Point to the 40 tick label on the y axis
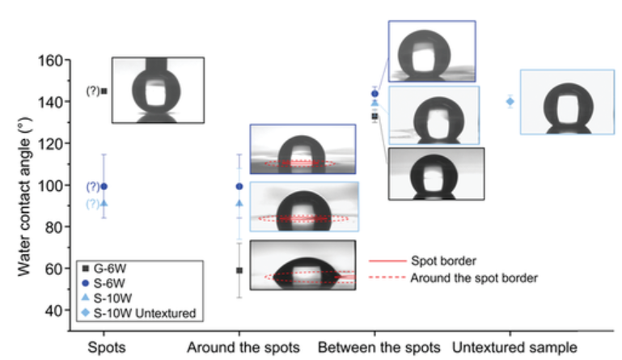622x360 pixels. click(53, 310)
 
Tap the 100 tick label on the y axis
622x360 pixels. click(50, 185)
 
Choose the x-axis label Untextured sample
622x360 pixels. click(514, 347)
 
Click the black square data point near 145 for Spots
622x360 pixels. click(104, 91)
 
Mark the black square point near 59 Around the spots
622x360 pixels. click(239, 270)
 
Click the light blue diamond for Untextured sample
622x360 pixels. click(510, 101)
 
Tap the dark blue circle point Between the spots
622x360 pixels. click(374, 94)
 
